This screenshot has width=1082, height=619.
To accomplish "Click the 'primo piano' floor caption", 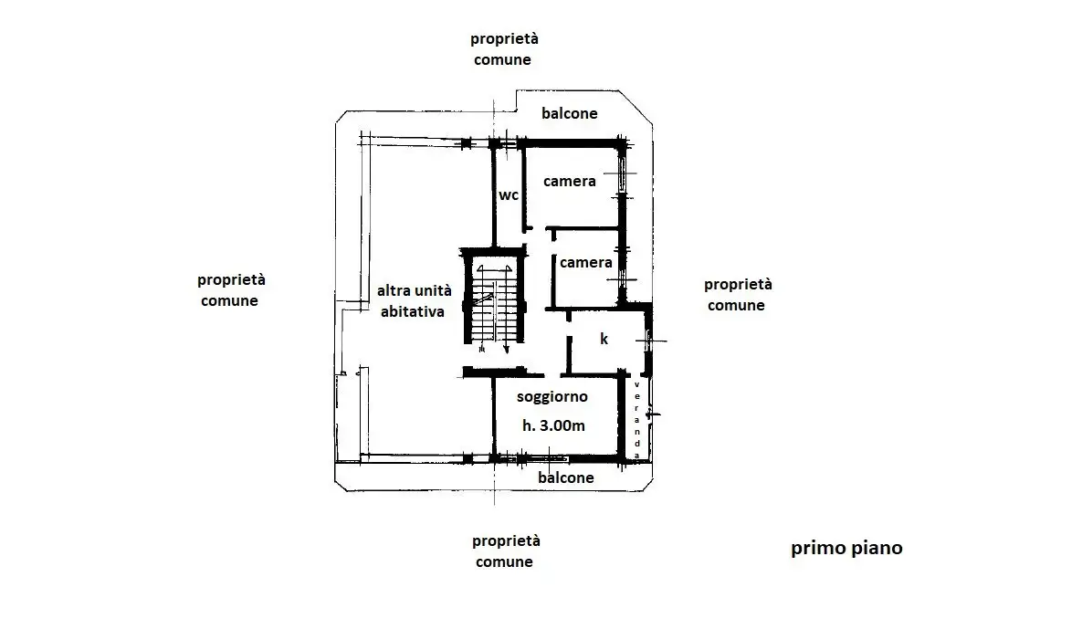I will tap(846, 549).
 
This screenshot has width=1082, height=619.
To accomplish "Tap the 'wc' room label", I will tap(509, 194).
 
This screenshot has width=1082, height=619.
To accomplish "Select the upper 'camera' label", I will tap(569, 181).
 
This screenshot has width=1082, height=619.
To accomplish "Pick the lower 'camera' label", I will tap(585, 263).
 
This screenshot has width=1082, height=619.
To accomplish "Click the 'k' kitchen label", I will tap(604, 339).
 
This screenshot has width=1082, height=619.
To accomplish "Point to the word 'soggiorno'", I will tap(552, 397).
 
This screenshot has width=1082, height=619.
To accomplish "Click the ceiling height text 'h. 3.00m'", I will tap(553, 425).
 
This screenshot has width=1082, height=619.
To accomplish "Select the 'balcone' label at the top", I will tap(569, 114).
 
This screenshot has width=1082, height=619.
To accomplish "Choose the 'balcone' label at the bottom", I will tap(565, 477).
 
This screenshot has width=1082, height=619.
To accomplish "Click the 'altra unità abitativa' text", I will tap(415, 300).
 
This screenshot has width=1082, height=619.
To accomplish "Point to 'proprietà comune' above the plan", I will tap(503, 49).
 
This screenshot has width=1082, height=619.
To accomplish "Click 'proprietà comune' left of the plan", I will tap(231, 290).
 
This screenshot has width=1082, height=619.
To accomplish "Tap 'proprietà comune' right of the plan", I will tap(738, 295).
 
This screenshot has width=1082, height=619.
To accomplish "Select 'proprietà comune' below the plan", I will tap(503, 551).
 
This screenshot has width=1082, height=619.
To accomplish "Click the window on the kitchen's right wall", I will tap(648, 341).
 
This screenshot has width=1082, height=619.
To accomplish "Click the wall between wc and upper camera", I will tap(524, 187).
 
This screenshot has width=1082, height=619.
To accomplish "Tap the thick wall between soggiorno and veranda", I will tap(624, 415).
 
